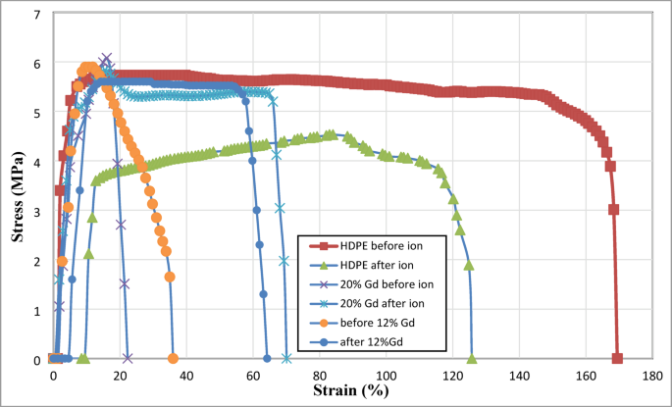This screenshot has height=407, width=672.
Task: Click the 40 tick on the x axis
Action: point(186,376)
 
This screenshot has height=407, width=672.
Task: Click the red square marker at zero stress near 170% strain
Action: point(617,359)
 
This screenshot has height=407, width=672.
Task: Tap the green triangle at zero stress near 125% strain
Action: point(472,359)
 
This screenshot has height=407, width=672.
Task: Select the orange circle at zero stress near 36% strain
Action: point(173,359)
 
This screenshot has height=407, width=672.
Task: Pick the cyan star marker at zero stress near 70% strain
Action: point(286,359)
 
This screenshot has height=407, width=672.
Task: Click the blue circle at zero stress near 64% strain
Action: point(267,359)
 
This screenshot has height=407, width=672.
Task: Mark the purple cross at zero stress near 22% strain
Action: point(128,359)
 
